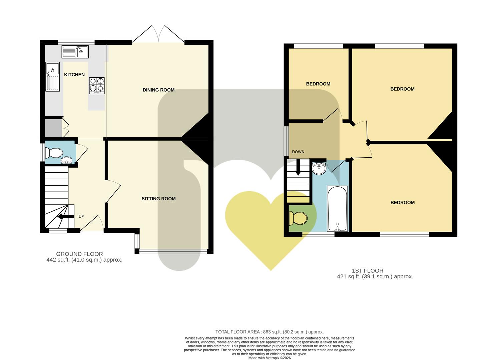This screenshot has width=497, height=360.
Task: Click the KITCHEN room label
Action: [74, 75]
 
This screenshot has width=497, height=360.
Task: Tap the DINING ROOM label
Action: [158, 90]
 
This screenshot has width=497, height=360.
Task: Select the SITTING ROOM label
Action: [159, 199]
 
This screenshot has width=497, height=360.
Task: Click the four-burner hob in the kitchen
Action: [97, 86]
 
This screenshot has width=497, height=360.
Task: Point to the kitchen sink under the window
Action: [75, 52]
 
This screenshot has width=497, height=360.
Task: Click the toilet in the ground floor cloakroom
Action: [54, 153]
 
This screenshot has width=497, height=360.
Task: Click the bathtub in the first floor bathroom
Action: [337, 209]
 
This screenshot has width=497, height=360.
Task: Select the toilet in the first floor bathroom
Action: [298, 218]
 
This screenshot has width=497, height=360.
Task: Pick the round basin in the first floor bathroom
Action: [319, 168]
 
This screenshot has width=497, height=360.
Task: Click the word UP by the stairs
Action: [81, 216]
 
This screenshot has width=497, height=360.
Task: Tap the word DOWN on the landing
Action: [298, 152]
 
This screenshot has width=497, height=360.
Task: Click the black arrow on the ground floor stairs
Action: [66, 217]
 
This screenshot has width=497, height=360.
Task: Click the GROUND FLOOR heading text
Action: [79, 254]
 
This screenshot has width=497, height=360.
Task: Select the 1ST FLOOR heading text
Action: [368, 271]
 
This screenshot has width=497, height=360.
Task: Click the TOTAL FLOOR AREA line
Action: [270, 332]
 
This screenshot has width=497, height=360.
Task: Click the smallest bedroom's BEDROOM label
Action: [318, 84]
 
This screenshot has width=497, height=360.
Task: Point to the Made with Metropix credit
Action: [270, 358]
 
